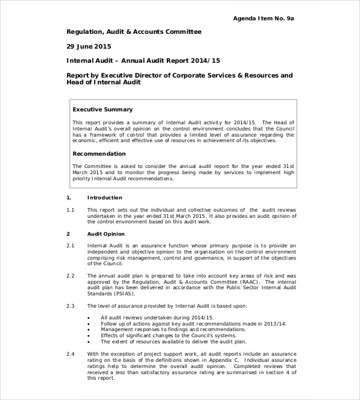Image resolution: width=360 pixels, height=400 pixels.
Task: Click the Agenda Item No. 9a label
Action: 263,18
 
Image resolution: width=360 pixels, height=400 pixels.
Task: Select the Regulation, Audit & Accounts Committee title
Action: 134,31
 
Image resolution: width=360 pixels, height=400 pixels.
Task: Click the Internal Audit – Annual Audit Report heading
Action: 143,61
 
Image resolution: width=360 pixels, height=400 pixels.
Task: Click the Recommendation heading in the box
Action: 99,153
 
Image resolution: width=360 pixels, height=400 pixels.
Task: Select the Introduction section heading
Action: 105,198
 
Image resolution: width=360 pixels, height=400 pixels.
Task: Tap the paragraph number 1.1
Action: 70,210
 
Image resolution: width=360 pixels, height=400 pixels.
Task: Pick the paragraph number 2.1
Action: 70,246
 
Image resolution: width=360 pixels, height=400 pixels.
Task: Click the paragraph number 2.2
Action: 70,275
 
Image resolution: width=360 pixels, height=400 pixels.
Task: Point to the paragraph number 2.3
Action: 70,305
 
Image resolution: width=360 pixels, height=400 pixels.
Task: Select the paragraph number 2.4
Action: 70,354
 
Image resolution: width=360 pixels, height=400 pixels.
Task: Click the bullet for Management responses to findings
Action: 89,329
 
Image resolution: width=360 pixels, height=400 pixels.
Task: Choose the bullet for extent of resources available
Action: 89,342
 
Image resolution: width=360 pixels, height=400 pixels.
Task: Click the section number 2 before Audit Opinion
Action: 68,234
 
